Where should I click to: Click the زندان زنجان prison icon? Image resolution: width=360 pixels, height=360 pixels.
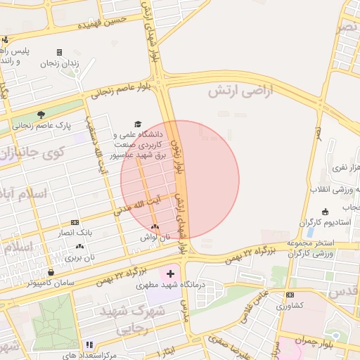coord(59,52)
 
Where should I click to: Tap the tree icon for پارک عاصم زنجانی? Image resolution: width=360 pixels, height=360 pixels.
coord(41,115)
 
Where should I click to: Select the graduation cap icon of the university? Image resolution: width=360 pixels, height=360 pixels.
coord(138,123)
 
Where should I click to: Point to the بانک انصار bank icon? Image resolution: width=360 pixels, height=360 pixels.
coord(75,222)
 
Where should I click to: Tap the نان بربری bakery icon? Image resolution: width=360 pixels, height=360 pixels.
coord(79,247)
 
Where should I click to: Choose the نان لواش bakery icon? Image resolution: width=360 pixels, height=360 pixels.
coord(155,227)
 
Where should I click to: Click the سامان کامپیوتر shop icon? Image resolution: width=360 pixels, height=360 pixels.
coord(51,273)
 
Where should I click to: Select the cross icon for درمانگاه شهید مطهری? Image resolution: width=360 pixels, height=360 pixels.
coord(170,272)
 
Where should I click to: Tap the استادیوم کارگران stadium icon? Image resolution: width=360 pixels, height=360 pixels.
coord(325,212)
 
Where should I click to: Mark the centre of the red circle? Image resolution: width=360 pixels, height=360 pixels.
coord(180,179)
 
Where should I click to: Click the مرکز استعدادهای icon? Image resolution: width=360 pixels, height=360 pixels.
coord(89,345)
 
